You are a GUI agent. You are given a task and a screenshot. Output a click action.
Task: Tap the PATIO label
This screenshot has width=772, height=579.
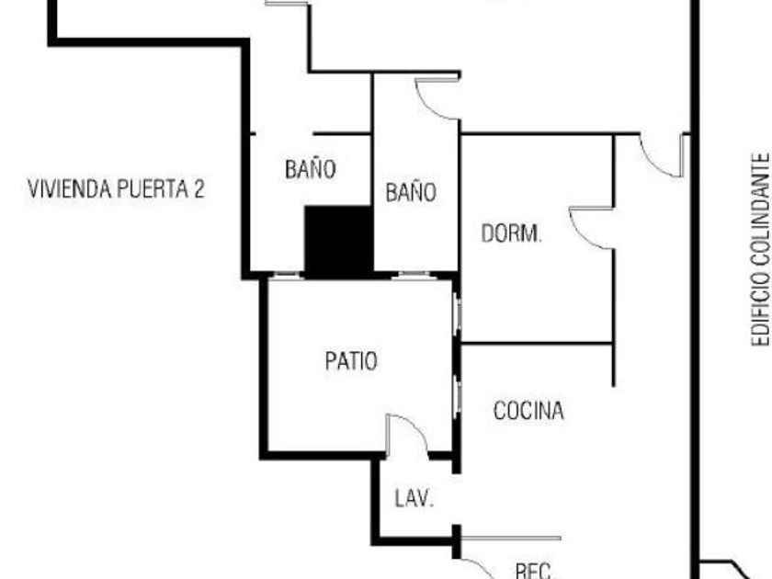point(350,361)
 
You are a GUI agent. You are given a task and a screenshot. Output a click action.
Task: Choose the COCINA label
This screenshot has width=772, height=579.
point(528,411)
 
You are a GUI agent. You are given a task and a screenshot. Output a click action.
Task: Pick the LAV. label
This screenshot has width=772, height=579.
point(414,499)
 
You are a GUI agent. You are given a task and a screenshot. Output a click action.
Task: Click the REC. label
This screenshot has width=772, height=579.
point(534,571)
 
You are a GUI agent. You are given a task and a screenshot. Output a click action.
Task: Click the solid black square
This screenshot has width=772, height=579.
point(338,240)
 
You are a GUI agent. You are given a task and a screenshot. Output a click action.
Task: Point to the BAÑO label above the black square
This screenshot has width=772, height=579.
point(311,169)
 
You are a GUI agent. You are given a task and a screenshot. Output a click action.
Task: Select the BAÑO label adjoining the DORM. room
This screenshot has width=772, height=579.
point(411,193)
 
